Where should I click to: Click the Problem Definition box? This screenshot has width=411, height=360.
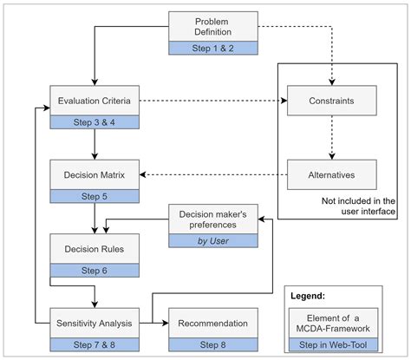point(212,26)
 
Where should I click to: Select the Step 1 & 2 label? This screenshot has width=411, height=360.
point(212,49)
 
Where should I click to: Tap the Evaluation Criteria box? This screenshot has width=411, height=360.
point(94,100)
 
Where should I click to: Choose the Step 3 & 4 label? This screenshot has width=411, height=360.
point(94,122)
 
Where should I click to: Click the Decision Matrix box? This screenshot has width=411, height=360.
point(94,174)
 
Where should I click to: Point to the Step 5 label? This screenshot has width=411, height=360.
point(94,197)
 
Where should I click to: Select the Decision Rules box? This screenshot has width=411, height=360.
point(94,249)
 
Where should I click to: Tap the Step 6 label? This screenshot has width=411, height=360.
point(94,272)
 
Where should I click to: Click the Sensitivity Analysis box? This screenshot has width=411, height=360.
point(94,324)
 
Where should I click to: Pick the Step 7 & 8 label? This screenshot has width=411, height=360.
point(94,345)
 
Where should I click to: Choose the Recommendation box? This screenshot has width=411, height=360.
point(212,324)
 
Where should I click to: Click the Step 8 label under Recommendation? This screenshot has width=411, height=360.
point(212,345)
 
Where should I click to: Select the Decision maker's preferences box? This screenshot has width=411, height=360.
point(212,219)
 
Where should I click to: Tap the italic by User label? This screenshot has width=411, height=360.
point(212,241)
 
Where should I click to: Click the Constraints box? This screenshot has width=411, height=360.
point(330,101)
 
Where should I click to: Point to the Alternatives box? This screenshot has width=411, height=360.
point(330,174)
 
